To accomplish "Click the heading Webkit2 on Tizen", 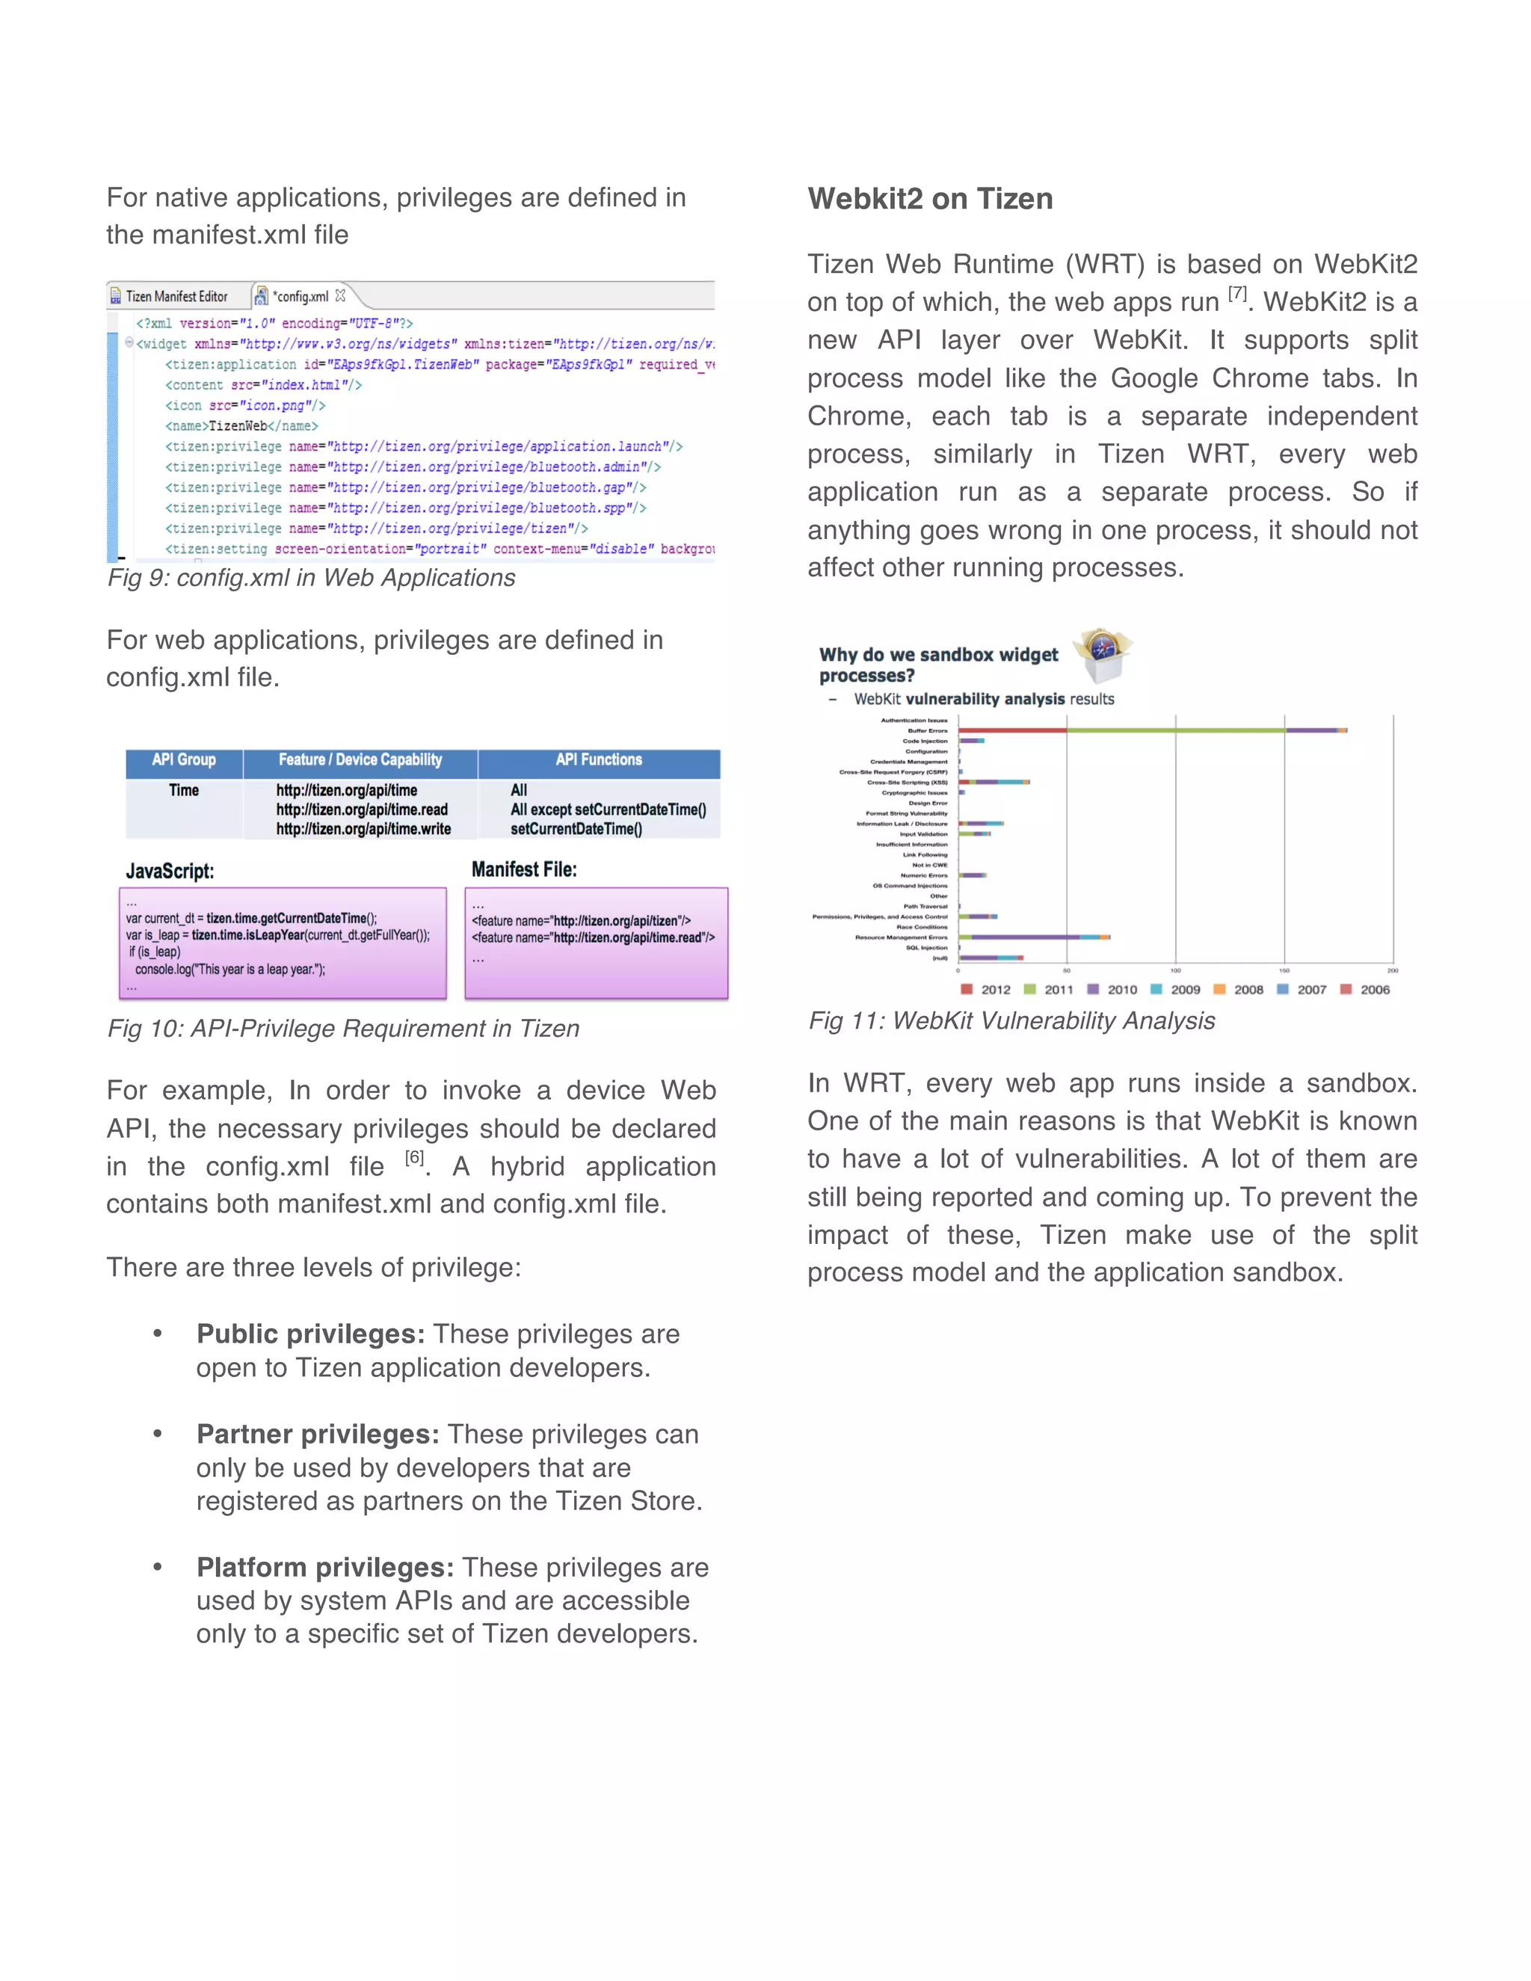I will point(930,199).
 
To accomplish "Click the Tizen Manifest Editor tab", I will point(176,297).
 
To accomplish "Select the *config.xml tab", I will point(301,297).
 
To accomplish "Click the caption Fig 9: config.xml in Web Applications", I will point(311,578).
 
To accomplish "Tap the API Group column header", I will point(183,760).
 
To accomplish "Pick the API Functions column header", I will point(599,760).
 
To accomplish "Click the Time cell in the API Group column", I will point(183,790).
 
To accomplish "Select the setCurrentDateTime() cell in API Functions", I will point(576,829).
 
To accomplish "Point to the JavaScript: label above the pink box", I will point(170,871).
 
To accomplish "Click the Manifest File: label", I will point(523,869).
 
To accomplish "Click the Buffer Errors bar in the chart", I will point(1152,730).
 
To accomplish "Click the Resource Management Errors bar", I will point(1034,937).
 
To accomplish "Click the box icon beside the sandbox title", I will point(1103,655).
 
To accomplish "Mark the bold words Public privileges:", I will point(310,1334).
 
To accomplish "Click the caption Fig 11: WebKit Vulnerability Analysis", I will point(1011,1020).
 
